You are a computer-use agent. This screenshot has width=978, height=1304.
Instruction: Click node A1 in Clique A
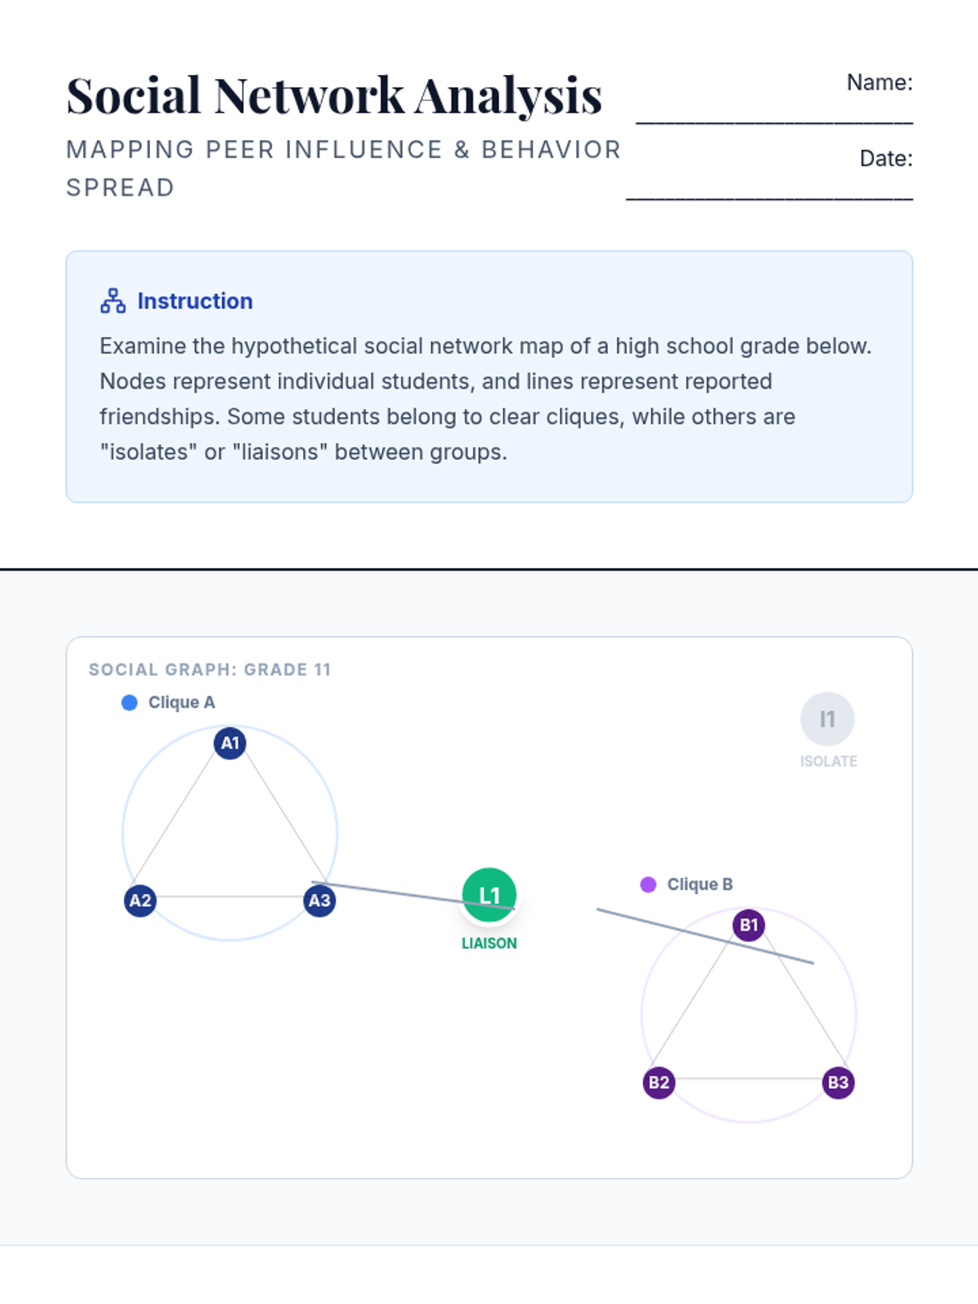(230, 743)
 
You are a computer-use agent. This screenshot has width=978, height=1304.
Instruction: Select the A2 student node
(140, 901)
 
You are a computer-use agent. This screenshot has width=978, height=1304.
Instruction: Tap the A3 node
(319, 901)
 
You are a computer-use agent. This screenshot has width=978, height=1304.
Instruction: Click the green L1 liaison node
(489, 895)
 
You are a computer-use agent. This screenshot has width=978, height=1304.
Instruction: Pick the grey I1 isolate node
(827, 719)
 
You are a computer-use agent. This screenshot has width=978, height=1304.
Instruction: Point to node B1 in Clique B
(748, 925)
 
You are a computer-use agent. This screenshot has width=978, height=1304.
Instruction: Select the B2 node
(659, 1082)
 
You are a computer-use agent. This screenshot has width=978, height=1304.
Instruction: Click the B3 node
(838, 1082)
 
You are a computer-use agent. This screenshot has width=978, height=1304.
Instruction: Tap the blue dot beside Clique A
(130, 703)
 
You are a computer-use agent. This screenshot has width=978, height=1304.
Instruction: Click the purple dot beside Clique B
(649, 885)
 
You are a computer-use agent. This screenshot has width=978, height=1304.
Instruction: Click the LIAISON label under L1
(489, 943)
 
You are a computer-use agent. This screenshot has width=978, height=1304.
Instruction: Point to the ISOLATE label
(828, 761)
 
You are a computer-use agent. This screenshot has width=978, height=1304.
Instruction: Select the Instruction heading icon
(112, 301)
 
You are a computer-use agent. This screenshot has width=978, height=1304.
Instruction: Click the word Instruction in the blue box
(195, 301)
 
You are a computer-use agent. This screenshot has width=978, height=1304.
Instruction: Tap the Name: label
(879, 82)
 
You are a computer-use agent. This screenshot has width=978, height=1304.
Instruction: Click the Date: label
(886, 158)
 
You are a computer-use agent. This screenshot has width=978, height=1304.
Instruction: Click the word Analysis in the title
(509, 95)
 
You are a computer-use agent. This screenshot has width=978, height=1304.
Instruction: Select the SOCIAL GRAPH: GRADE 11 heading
(209, 669)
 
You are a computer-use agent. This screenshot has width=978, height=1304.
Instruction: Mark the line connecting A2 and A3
(230, 896)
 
